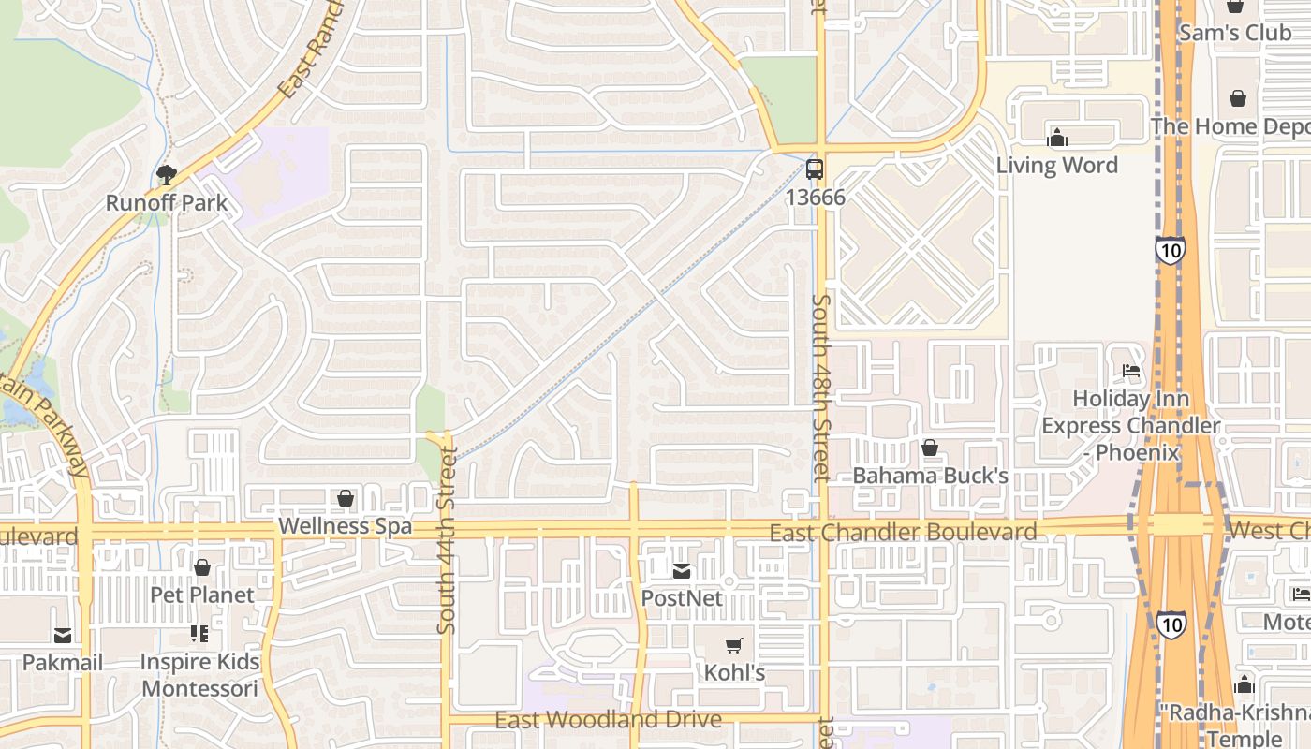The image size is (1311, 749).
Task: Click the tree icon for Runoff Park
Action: (x=167, y=174)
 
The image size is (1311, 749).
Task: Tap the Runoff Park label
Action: (x=167, y=202)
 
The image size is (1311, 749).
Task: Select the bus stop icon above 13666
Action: (x=815, y=169)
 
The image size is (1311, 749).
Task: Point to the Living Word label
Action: (x=1056, y=166)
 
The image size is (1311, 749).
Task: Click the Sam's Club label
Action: (x=1235, y=33)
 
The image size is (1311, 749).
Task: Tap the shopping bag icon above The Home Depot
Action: (x=1237, y=98)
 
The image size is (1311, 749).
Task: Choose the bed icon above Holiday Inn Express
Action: (x=1131, y=371)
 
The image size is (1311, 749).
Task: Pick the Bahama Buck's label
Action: (x=930, y=476)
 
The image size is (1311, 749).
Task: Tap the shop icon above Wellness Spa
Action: (x=346, y=498)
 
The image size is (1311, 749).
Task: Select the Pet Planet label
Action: (x=202, y=595)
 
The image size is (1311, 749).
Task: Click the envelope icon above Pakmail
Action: (x=63, y=635)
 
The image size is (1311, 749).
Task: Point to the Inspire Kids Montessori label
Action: (x=199, y=675)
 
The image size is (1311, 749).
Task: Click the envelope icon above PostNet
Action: (x=682, y=570)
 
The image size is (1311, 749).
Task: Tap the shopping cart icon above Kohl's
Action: (x=734, y=645)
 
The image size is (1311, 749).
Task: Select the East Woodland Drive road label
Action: (x=609, y=719)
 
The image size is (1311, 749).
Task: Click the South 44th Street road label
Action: (x=447, y=541)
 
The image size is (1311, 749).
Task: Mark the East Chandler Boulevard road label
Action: (x=903, y=532)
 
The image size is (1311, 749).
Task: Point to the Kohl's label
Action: (x=734, y=672)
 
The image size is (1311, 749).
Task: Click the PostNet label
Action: (x=682, y=597)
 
